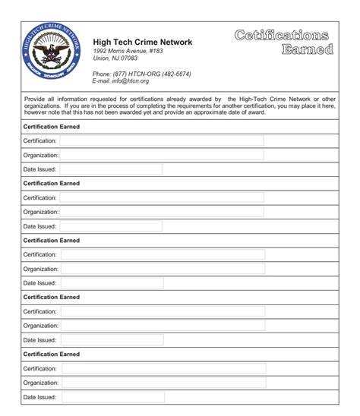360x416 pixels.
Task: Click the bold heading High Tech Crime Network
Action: tap(142, 43)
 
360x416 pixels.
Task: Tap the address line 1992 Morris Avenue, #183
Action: tap(128, 51)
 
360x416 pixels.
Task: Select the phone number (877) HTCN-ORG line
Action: tap(141, 74)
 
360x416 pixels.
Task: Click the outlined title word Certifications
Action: tap(282, 35)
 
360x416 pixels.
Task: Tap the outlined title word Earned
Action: tap(307, 50)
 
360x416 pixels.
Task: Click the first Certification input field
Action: tap(162, 140)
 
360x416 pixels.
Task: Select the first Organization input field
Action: tap(162, 155)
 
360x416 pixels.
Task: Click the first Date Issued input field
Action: tap(111, 169)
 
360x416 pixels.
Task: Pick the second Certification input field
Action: tap(162, 197)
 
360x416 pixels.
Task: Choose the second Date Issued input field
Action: tap(111, 225)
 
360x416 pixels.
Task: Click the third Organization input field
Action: tap(163, 269)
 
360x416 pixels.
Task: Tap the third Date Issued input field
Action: tap(112, 283)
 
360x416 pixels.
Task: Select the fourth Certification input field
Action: tap(163, 311)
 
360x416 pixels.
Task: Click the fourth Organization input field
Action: tap(163, 326)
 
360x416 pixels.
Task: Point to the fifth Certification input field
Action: tap(163, 368)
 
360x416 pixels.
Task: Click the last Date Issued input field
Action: tap(112, 396)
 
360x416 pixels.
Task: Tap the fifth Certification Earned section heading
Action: tap(52, 355)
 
